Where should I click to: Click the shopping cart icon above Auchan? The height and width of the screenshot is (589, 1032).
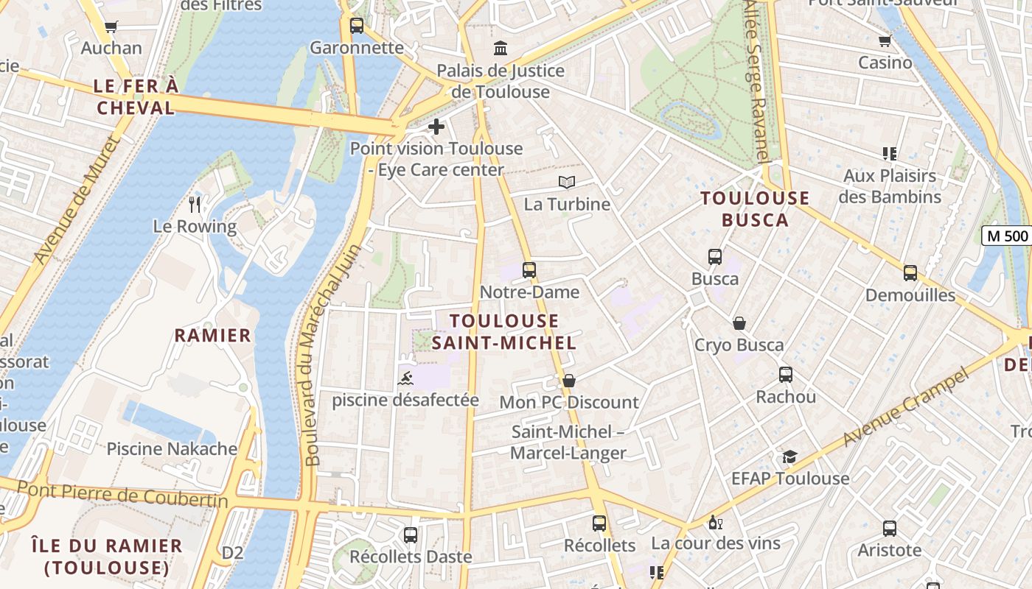[x=111, y=27]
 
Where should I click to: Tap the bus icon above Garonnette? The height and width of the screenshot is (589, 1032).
[x=357, y=26]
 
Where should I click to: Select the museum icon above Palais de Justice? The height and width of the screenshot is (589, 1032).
[x=501, y=49]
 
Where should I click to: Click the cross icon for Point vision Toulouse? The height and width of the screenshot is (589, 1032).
[x=436, y=127]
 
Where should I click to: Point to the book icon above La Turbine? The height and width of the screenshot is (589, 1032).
[x=566, y=182]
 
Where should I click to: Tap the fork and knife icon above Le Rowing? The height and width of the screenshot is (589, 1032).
[x=195, y=204]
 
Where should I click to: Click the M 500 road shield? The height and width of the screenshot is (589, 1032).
[x=1006, y=236]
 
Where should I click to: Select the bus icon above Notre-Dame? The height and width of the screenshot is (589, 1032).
[x=529, y=270]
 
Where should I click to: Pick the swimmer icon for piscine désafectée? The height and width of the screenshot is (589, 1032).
[x=405, y=379]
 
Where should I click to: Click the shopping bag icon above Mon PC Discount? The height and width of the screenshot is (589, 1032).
[x=568, y=381]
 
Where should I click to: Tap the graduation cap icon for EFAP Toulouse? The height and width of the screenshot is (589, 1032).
[x=789, y=457]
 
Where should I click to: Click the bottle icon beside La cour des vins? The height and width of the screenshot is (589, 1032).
[x=714, y=522]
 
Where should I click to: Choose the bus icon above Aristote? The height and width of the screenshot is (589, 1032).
[x=890, y=528]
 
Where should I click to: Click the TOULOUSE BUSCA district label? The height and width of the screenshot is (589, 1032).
[x=755, y=209]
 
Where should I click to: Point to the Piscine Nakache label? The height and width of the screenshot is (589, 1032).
[x=172, y=448]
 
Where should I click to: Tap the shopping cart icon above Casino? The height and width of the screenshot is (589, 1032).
[x=885, y=40]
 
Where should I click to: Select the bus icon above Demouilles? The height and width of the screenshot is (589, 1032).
[x=910, y=273]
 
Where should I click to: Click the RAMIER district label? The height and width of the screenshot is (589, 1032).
[x=212, y=336]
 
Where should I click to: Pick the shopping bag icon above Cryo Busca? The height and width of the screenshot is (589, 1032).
[x=739, y=323]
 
